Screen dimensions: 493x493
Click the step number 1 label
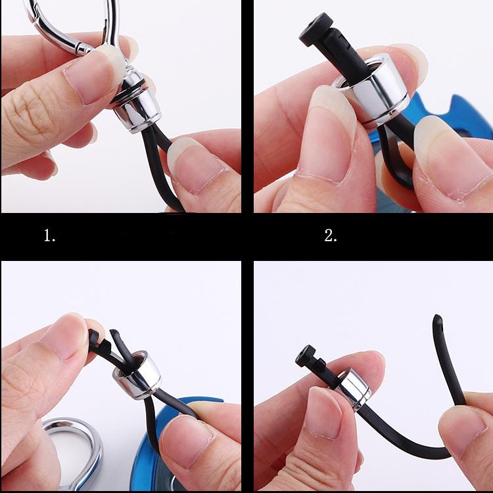point(49,235)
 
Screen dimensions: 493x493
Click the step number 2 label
point(330,235)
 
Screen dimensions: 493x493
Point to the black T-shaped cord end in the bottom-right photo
point(310,358)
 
